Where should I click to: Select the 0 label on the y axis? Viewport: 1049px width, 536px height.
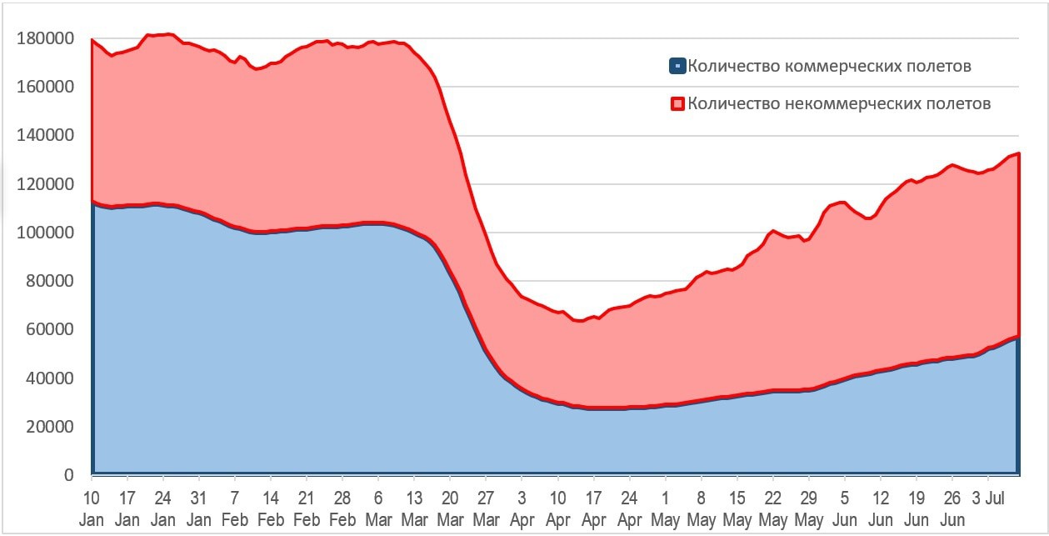[x=68, y=475]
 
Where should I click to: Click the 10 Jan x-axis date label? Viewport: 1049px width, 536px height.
[x=91, y=508]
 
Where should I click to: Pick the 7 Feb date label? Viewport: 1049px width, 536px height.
[x=234, y=508]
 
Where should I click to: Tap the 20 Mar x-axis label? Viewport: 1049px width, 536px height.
[x=450, y=508]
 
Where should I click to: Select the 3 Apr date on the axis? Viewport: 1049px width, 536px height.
[x=522, y=508]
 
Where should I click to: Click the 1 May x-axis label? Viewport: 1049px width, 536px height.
[x=665, y=508]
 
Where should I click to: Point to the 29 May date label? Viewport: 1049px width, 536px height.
[x=808, y=508]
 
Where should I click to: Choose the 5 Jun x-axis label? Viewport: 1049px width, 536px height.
[x=844, y=508]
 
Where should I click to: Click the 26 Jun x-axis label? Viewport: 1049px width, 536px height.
[x=952, y=508]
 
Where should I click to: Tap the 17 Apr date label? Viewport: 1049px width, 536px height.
[x=593, y=508]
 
